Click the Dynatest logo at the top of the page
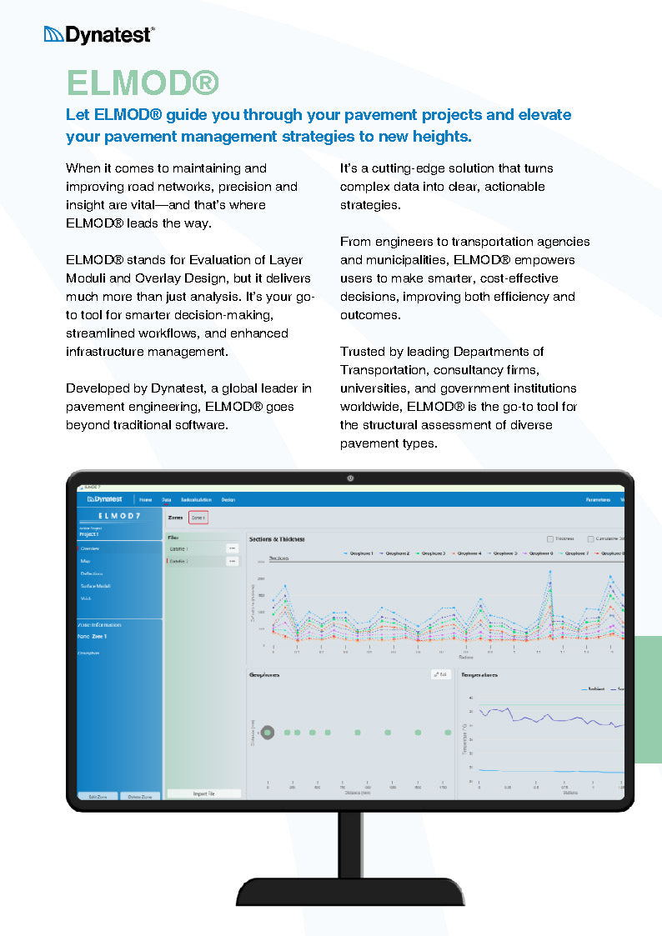point(98,34)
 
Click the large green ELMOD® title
point(143,83)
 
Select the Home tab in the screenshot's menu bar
point(146,499)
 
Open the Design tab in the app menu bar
point(228,499)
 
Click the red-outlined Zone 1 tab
point(198,518)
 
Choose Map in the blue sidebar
point(86,561)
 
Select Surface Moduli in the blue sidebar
point(96,586)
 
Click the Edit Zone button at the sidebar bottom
point(97,797)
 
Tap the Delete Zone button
point(139,797)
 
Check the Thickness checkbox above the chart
point(550,539)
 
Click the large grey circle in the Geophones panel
point(268,733)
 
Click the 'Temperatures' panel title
point(479,675)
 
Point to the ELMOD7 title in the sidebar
point(120,516)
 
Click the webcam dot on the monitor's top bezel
point(350,478)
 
